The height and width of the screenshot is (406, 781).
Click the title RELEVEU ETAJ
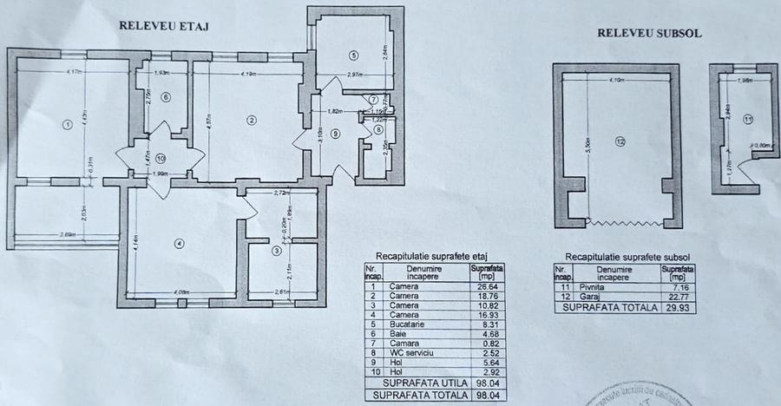(166, 25)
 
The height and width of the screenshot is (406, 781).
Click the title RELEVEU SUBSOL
(649, 34)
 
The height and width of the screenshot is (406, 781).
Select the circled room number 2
(251, 120)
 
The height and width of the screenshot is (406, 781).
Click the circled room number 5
(353, 56)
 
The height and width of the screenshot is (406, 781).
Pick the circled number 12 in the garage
(620, 143)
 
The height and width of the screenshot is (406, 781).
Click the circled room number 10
(161, 158)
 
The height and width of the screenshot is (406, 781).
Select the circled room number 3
(277, 251)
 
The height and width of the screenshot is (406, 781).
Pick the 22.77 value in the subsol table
(673, 296)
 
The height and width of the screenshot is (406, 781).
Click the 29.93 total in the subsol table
(673, 308)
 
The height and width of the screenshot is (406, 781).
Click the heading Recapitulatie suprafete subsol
(622, 258)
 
